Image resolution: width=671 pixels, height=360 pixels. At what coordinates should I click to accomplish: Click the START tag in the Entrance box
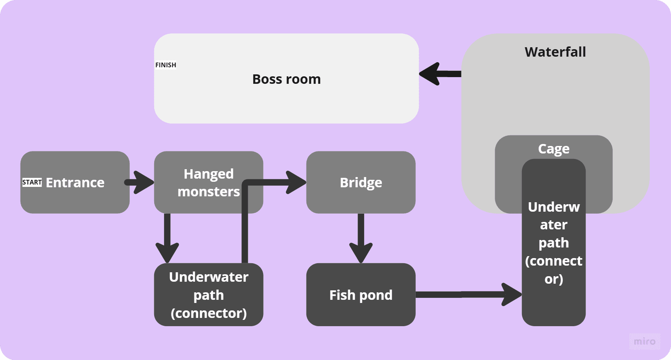click(32, 182)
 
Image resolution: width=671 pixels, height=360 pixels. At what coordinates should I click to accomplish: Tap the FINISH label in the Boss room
click(166, 65)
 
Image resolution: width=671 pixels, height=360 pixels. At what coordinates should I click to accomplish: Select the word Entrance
click(75, 183)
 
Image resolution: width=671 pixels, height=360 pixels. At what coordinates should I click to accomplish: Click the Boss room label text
click(286, 79)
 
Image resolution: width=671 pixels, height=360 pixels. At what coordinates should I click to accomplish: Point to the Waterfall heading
click(555, 52)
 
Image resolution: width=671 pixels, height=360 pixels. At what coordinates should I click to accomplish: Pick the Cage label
click(553, 149)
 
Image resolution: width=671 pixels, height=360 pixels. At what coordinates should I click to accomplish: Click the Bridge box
click(361, 182)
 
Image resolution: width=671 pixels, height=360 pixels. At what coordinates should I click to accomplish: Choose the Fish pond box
click(361, 295)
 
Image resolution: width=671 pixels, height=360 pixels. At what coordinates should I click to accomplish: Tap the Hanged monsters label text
click(208, 183)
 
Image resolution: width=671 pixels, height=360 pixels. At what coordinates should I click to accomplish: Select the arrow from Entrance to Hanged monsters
click(140, 182)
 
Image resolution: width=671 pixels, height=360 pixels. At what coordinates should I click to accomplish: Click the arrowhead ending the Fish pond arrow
click(511, 294)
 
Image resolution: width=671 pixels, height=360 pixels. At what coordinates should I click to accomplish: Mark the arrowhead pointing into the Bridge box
click(295, 182)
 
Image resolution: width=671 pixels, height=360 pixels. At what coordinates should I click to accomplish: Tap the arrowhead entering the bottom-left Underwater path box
click(167, 252)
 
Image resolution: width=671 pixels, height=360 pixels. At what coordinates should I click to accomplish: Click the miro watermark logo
click(644, 341)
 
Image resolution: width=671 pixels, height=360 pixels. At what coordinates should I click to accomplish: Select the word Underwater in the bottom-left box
click(208, 277)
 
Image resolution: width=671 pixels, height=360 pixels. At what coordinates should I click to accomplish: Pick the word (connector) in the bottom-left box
click(208, 313)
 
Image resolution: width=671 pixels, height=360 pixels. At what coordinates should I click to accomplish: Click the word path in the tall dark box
click(553, 243)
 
